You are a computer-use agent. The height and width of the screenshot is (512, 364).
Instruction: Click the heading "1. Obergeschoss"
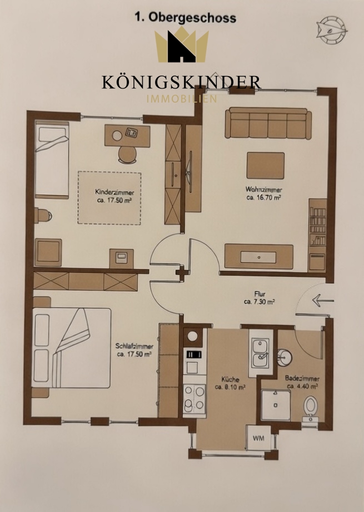186,17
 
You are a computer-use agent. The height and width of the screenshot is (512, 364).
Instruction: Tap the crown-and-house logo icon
182,45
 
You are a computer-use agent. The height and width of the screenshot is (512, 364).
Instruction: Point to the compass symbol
331,30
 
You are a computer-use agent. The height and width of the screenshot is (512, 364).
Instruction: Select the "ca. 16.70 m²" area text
264,197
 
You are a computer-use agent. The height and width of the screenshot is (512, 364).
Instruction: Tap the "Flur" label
260,294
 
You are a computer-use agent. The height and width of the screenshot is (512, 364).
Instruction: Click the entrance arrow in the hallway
323,300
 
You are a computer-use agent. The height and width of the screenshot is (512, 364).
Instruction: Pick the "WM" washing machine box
258,438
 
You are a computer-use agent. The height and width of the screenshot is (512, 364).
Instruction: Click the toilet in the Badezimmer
310,408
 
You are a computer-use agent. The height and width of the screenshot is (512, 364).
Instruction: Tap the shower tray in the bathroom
276,405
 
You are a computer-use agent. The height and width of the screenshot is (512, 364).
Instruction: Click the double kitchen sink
260,353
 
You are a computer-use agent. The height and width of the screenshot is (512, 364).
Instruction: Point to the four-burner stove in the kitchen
195,398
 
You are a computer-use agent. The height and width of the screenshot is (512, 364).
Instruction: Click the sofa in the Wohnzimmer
268,123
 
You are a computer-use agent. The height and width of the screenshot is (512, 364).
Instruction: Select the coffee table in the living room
265,165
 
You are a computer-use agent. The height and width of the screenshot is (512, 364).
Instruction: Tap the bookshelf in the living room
317,235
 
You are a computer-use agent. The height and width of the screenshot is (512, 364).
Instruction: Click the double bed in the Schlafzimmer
71,347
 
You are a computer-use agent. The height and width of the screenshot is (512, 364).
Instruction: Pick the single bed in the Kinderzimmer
52,160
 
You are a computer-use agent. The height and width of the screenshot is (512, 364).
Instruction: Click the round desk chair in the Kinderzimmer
127,155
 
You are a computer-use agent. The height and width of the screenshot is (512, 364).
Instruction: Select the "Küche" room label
230,379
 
